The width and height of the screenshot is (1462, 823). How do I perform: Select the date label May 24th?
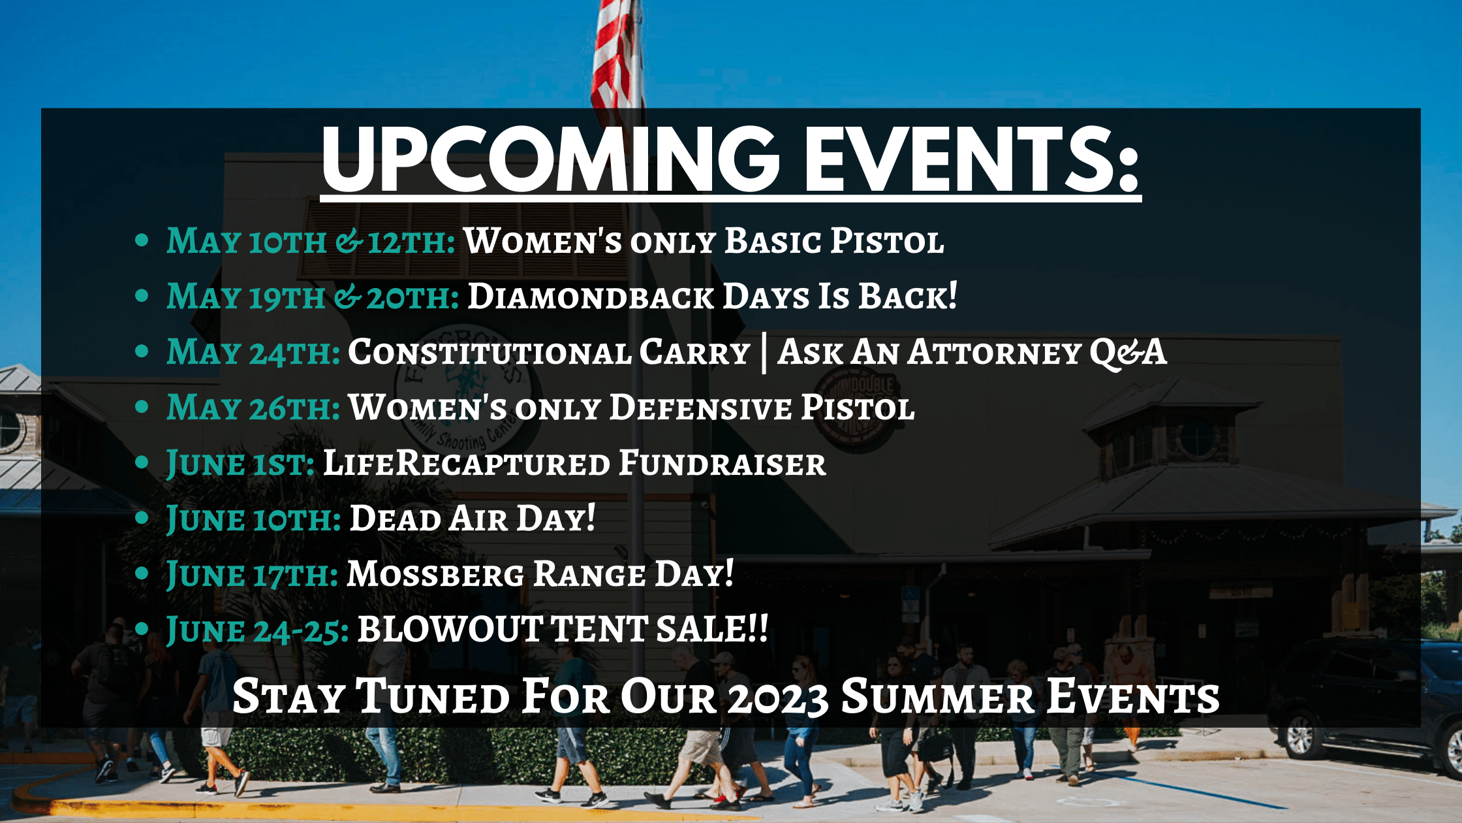pos(253,353)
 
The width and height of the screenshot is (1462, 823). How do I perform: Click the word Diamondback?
pos(591,297)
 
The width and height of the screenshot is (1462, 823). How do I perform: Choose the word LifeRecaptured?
pos(467,463)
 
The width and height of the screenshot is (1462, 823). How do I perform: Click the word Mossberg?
pos(435,574)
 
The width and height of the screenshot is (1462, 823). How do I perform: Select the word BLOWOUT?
pos(450,630)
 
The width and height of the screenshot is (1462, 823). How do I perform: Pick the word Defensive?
pos(701,408)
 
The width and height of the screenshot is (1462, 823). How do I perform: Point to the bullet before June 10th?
pos(142,519)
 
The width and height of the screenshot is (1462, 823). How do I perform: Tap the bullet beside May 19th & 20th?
pos(142,296)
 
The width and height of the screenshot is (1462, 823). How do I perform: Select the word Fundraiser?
pos(722,463)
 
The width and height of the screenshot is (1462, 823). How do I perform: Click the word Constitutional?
pos(490,353)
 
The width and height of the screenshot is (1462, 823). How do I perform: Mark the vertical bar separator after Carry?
pos(764,354)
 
